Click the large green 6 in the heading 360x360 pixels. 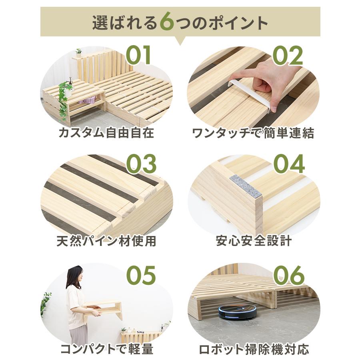tap(167, 22)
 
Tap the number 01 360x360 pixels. tap(139, 56)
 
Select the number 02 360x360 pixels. tap(288, 56)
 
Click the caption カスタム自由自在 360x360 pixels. tap(106, 133)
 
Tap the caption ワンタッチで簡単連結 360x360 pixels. tap(253, 133)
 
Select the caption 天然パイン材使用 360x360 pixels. tap(106, 241)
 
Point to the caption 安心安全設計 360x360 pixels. tap(254, 241)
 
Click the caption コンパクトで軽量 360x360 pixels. tap(107, 349)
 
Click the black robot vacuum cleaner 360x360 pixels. tap(237, 310)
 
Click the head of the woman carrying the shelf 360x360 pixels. tap(74, 276)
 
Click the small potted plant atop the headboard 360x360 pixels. tap(78, 52)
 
